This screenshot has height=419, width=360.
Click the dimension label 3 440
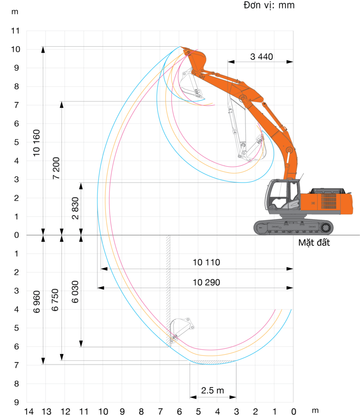[x=261, y=56]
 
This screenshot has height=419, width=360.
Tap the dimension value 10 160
[x=36, y=143]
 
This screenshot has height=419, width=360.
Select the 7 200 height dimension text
[x=56, y=168]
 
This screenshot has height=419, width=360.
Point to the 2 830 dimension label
[x=75, y=208]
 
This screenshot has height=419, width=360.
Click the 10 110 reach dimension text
[x=206, y=262]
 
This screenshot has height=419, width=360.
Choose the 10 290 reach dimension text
[x=206, y=282]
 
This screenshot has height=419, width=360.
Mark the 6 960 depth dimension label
[x=36, y=302]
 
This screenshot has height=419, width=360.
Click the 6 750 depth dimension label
[x=55, y=300]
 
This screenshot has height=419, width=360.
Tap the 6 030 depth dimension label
[x=75, y=292]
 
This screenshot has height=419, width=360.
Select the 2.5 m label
[x=213, y=390]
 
